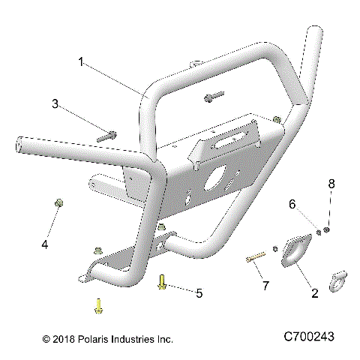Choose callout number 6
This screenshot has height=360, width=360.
293,203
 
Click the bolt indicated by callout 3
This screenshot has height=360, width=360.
106,136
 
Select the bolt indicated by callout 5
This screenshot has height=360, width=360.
161,282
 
